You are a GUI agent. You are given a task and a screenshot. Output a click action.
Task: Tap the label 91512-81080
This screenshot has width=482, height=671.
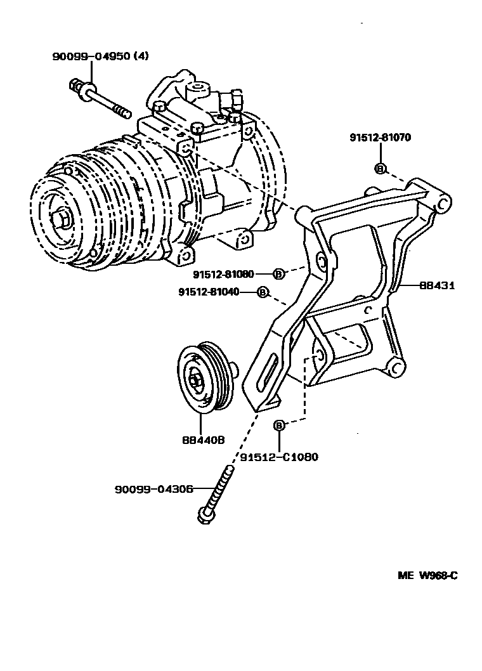click(223, 274)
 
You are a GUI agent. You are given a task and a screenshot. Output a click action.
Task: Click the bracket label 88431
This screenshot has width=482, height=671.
click(437, 286)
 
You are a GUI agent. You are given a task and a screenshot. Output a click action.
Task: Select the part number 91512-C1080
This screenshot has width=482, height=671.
click(279, 457)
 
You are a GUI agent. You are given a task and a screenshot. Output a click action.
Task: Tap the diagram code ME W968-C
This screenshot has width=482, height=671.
click(427, 576)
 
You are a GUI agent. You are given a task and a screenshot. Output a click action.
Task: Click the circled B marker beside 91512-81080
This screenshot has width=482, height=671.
click(278, 274)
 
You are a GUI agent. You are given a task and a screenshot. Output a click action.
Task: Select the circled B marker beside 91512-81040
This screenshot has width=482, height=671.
click(262, 292)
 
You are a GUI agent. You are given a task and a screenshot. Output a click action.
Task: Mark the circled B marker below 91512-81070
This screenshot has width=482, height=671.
click(380, 168)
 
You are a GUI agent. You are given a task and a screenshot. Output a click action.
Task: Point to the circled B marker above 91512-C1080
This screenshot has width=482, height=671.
click(279, 426)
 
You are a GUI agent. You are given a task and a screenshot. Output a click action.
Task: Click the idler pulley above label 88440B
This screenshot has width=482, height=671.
click(203, 380)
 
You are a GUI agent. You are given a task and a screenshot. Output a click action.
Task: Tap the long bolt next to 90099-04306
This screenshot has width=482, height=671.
click(217, 496)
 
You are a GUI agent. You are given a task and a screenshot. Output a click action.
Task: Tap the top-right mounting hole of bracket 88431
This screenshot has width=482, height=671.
click(443, 204)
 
